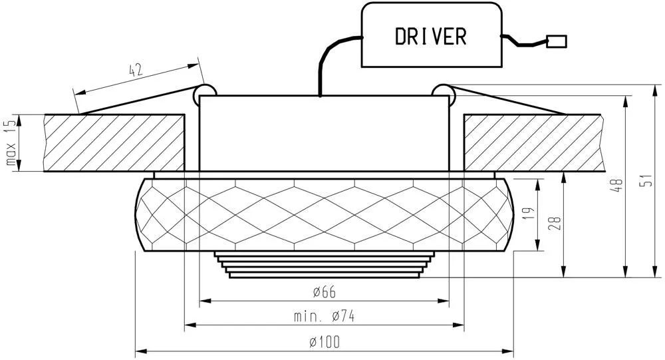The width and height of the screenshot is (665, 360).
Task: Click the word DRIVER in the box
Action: coord(430,36)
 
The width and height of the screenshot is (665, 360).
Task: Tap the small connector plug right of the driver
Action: coord(557,41)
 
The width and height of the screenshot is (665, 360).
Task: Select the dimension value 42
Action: coord(135,70)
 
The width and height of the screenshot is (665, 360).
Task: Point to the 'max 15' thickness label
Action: coord(11,142)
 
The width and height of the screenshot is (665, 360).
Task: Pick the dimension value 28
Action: coord(555,223)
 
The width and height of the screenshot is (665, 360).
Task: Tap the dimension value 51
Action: coord(647,181)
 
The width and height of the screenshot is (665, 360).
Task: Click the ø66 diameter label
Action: coord(325,292)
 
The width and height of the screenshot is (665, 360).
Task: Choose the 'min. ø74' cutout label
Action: coord(325,316)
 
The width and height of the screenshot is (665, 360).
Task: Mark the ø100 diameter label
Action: coord(325,342)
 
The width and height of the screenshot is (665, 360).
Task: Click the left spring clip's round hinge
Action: coord(204,94)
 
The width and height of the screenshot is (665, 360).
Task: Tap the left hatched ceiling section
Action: coord(114,142)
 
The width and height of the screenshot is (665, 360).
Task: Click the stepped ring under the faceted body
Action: coord(325,265)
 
